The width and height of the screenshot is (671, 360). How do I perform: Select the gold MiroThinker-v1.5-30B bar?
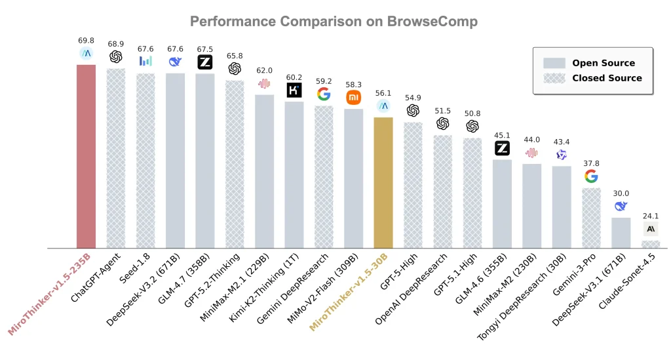(x=383, y=183)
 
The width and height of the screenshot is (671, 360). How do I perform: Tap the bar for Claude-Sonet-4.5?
(x=651, y=244)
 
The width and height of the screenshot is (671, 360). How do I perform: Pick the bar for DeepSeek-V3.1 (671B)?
(x=621, y=233)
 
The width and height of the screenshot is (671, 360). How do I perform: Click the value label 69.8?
(x=86, y=40)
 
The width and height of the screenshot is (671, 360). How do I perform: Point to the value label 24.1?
(x=651, y=215)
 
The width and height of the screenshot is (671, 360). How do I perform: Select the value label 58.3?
(x=353, y=85)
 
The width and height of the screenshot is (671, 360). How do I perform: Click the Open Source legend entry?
(x=603, y=63)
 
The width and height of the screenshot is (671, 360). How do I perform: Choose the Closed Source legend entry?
(x=607, y=78)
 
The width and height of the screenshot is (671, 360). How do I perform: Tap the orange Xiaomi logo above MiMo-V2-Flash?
(x=354, y=98)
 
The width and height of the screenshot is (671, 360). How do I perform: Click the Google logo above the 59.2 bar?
(x=324, y=94)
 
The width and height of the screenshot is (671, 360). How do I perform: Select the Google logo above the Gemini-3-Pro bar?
(x=591, y=176)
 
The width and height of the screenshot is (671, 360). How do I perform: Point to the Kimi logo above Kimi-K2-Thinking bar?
(x=294, y=90)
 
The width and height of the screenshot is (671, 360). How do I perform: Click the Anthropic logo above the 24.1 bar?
(x=651, y=229)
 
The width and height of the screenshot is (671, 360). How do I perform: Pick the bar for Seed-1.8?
(x=145, y=161)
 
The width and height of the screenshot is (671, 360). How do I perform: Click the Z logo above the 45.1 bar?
(x=502, y=148)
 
